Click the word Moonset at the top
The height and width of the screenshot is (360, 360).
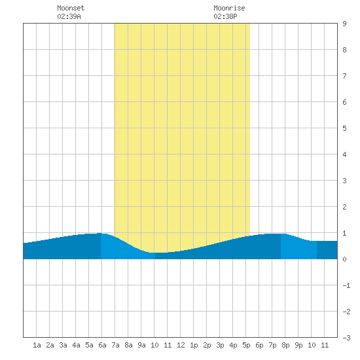click(x=71, y=8)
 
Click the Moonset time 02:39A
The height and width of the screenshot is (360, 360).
click(x=69, y=16)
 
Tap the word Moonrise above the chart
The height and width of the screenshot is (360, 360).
click(x=229, y=8)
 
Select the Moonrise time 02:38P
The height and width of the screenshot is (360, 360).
click(x=225, y=16)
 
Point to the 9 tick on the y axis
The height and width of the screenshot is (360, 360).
click(x=344, y=24)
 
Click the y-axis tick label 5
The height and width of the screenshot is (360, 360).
click(x=344, y=128)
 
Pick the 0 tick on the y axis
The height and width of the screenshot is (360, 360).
click(x=344, y=259)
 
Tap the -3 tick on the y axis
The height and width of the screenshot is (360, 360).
click(x=346, y=338)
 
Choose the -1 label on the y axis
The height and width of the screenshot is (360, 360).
click(x=346, y=285)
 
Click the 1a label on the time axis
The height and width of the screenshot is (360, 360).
click(x=37, y=345)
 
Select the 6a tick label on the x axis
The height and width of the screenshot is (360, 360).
click(x=102, y=345)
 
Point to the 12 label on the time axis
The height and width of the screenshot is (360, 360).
click(x=181, y=345)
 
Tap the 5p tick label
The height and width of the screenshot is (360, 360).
click(x=246, y=345)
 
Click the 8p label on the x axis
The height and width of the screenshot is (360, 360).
click(x=285, y=345)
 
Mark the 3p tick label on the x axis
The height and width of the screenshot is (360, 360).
click(x=220, y=345)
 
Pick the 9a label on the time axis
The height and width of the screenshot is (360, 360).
click(x=141, y=345)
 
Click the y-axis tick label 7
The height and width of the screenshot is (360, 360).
click(x=344, y=76)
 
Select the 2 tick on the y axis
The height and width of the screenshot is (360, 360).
click(x=344, y=207)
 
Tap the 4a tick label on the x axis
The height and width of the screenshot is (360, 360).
click(x=76, y=345)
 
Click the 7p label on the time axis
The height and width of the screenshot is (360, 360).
click(x=272, y=345)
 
